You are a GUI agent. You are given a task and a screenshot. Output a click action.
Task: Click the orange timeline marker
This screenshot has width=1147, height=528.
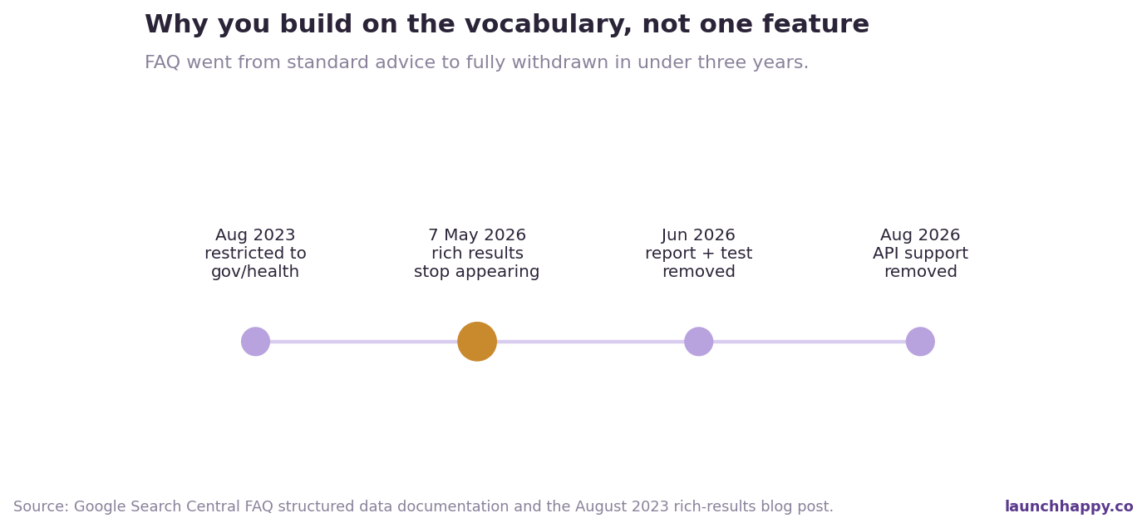(x=477, y=342)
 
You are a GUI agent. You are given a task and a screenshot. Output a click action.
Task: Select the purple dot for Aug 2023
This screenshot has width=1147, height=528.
(x=255, y=342)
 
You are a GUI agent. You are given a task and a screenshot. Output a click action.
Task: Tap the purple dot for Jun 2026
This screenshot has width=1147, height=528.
(x=698, y=342)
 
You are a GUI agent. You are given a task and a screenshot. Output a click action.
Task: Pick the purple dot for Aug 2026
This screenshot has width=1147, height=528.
(x=920, y=342)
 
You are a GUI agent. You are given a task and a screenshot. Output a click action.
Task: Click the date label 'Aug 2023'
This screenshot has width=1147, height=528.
(x=255, y=235)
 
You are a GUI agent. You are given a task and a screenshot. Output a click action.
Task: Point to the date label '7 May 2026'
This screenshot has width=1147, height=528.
(x=477, y=235)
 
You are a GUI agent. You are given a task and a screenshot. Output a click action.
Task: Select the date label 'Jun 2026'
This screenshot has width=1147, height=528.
(x=698, y=235)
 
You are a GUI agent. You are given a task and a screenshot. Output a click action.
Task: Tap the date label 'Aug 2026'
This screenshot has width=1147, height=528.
(x=920, y=235)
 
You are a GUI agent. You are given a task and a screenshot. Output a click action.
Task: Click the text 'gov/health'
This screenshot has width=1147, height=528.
(x=255, y=271)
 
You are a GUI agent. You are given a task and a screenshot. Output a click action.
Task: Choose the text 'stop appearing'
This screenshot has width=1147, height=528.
(x=477, y=271)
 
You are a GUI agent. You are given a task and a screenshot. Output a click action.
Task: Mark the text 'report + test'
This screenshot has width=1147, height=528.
(x=698, y=254)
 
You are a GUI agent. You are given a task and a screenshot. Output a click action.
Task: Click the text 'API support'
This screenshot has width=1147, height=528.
(x=920, y=254)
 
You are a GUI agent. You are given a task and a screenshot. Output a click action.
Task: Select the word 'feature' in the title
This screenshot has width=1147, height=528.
(x=815, y=24)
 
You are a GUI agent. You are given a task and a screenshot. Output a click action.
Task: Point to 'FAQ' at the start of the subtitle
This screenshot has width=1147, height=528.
(x=162, y=62)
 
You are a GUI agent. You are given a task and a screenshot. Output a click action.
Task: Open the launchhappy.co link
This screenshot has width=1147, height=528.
(x=1069, y=506)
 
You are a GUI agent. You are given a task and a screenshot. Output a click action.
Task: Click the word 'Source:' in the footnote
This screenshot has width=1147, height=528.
(x=41, y=506)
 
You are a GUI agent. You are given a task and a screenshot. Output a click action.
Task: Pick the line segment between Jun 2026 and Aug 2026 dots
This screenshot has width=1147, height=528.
(x=810, y=342)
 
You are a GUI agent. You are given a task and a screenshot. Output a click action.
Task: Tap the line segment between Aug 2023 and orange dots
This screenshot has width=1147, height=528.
(x=363, y=342)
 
